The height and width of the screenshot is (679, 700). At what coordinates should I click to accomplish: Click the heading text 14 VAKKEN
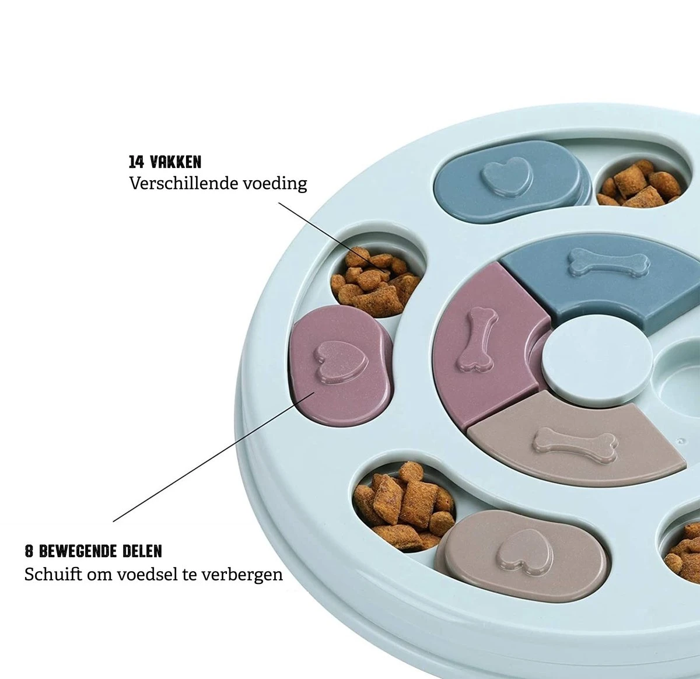(165, 162)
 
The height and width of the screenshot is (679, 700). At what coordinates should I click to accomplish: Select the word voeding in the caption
(276, 184)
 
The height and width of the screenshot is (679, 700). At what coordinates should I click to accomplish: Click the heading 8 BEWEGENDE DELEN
(93, 551)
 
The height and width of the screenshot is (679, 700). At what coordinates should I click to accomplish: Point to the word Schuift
(52, 574)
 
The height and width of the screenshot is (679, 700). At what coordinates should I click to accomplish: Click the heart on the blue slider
(508, 177)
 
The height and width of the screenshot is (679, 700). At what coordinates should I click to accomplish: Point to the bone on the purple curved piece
(478, 339)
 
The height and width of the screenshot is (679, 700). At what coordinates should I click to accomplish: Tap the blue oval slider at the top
(510, 181)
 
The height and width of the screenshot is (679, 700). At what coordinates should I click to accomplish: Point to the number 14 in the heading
(136, 162)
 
